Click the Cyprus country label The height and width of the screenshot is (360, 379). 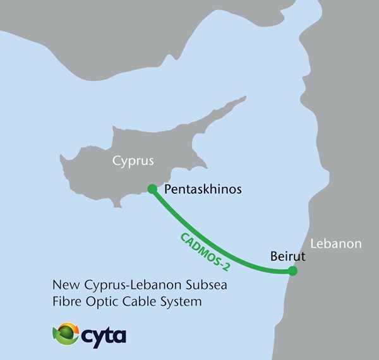[133, 160]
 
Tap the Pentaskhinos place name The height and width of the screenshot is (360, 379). [202, 189]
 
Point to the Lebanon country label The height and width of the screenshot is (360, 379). [335, 243]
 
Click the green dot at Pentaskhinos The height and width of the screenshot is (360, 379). [152, 188]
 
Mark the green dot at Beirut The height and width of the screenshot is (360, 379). [292, 271]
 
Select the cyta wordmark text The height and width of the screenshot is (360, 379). [104, 335]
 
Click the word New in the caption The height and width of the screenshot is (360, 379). [66, 285]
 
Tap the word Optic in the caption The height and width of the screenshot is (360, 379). [99, 302]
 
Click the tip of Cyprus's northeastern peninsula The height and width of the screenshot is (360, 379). [245, 98]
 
